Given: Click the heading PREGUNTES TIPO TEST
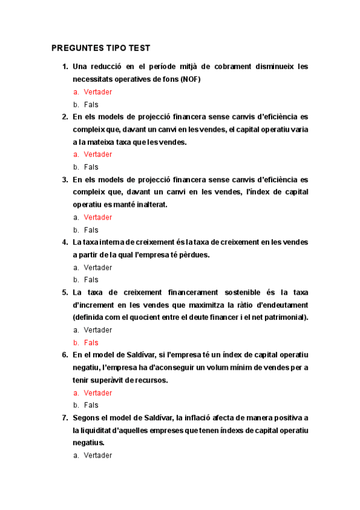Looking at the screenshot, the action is pyautogui.click(x=101, y=48).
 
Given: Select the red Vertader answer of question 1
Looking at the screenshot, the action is pyautogui.click(x=98, y=92).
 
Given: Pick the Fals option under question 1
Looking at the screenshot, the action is pyautogui.click(x=91, y=105).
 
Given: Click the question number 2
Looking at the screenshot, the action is pyautogui.click(x=65, y=117).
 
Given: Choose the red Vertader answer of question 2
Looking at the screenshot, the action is pyautogui.click(x=98, y=155).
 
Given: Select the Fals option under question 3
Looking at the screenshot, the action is pyautogui.click(x=91, y=230).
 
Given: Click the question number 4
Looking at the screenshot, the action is pyautogui.click(x=65, y=242).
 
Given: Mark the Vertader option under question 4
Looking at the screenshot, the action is pyautogui.click(x=98, y=268).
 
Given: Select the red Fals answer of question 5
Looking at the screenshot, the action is pyautogui.click(x=91, y=343).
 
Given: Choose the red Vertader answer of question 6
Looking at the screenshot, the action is pyautogui.click(x=98, y=393).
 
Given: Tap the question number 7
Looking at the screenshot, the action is pyautogui.click(x=65, y=417).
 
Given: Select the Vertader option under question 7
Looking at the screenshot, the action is pyautogui.click(x=98, y=455).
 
